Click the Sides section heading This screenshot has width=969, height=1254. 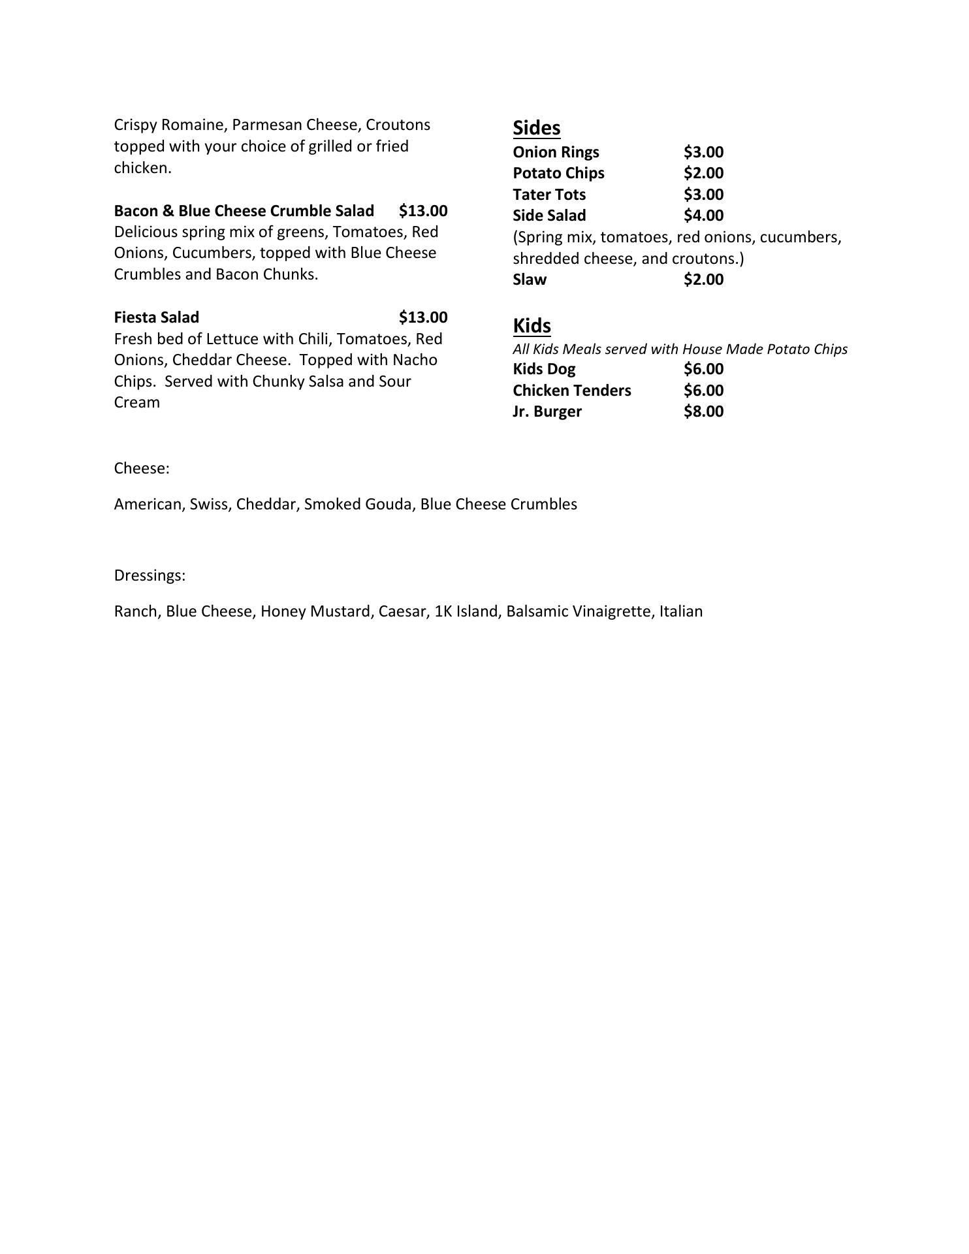(536, 127)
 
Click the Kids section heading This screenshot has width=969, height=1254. (532, 325)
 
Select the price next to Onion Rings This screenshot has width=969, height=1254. (703, 152)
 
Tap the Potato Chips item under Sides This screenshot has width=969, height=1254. (558, 173)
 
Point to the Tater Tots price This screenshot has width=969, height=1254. (703, 195)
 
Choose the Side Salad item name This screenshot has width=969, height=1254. (549, 216)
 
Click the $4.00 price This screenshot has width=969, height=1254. (703, 216)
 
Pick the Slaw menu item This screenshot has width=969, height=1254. (530, 280)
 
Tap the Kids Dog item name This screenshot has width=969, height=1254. (544, 369)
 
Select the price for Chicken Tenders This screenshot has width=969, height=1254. (703, 391)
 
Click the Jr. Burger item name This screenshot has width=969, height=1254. (547, 411)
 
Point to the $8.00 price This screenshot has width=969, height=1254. (703, 411)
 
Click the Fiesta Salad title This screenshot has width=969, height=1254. (156, 317)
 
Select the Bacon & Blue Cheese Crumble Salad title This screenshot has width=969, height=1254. (244, 211)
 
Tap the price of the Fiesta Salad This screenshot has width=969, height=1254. (423, 317)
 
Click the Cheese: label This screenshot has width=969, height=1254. (142, 468)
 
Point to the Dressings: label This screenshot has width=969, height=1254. (150, 575)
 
